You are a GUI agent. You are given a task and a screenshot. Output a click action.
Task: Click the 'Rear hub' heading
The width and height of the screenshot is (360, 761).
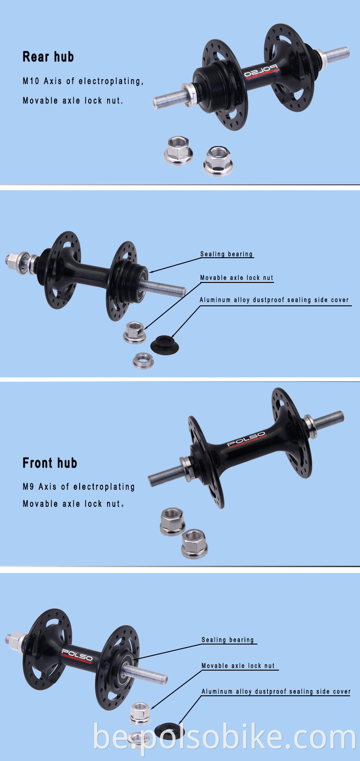48,57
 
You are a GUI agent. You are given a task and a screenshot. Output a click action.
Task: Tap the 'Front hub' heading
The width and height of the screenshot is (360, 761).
50,463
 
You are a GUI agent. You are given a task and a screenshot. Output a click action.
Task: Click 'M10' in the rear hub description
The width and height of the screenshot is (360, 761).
31,81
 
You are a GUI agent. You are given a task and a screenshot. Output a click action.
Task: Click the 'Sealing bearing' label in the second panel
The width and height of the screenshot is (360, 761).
226,254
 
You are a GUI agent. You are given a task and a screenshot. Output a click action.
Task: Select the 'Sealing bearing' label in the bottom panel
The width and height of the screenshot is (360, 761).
228,640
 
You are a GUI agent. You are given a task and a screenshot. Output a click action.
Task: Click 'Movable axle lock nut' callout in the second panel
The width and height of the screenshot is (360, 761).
237,278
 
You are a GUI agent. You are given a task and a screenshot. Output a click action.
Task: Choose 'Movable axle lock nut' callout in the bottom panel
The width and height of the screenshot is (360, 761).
238,666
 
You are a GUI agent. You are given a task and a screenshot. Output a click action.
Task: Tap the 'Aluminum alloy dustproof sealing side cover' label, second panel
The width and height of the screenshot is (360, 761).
274,300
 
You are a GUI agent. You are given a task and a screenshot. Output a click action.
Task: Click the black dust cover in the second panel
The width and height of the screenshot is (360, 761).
164,345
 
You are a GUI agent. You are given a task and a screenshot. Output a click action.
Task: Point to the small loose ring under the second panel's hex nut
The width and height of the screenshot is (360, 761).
144,360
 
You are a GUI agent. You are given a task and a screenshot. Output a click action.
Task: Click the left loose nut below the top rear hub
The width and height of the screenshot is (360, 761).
178,150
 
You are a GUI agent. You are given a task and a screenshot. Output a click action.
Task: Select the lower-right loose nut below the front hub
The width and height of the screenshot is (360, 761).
194,543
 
